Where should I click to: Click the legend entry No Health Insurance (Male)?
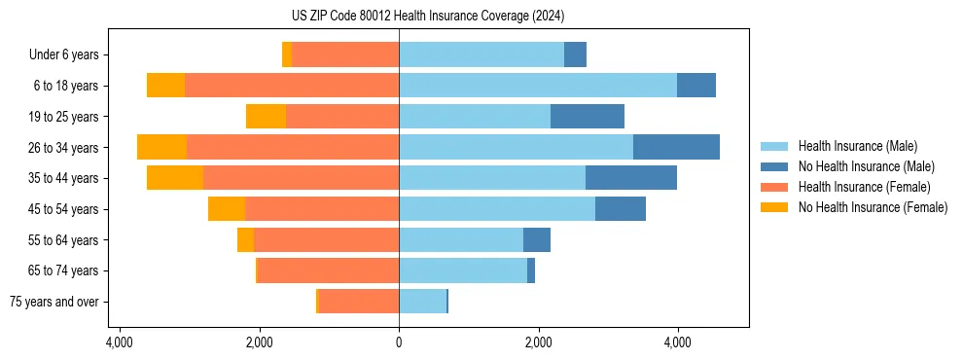click(866, 166)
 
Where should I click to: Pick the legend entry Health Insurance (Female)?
click(864, 187)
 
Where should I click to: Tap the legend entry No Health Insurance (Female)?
click(873, 207)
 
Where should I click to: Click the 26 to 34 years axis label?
click(63, 148)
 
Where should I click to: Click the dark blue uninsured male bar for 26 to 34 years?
click(676, 147)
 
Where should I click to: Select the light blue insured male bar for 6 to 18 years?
click(538, 86)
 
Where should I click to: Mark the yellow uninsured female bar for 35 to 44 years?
click(175, 178)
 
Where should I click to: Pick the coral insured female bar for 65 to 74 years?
click(328, 270)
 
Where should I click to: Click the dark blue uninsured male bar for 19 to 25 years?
click(588, 117)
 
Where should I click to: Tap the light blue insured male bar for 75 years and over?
click(422, 302)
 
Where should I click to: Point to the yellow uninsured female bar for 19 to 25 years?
click(266, 117)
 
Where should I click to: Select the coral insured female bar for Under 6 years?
click(345, 55)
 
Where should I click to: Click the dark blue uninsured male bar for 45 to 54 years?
click(621, 209)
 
